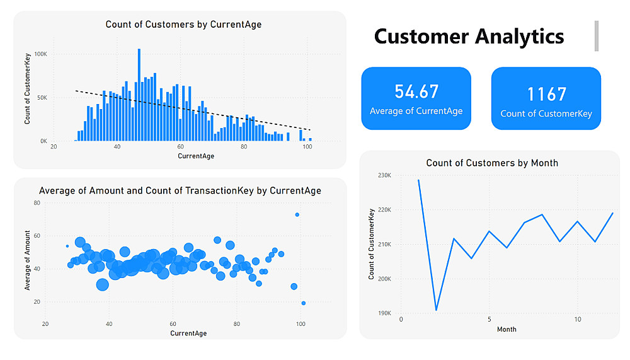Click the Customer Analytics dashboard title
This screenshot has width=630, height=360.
click(469, 36)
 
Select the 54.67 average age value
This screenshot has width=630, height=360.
click(416, 91)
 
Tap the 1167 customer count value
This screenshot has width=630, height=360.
click(546, 94)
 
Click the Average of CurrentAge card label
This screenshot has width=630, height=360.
click(416, 112)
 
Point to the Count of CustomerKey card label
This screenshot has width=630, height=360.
click(546, 114)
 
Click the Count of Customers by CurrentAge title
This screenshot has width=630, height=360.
click(183, 25)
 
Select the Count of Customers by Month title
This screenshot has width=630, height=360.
click(492, 163)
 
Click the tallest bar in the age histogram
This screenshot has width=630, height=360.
click(139, 95)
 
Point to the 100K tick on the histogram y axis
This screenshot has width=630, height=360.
click(40, 54)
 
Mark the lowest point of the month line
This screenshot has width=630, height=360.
click(436, 310)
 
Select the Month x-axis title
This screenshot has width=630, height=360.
click(507, 329)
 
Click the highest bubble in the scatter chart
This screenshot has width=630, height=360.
click(297, 215)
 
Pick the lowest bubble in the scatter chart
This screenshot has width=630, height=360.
click(303, 303)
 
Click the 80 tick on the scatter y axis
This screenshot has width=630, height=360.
click(37, 203)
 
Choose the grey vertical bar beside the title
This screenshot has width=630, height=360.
click(596, 35)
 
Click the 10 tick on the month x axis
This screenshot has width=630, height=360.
click(577, 320)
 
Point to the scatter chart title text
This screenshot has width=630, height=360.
click(180, 190)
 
